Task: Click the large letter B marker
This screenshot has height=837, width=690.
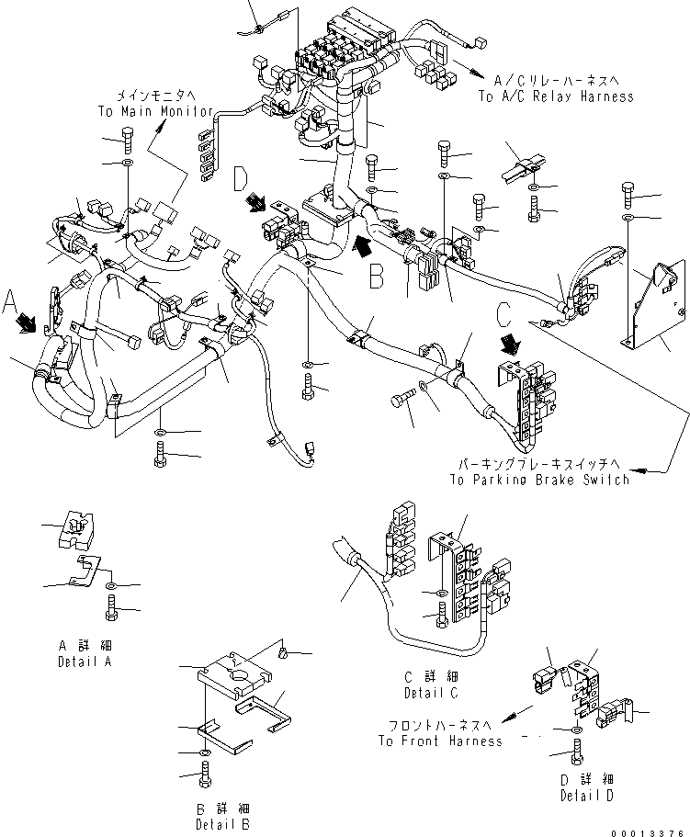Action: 377,277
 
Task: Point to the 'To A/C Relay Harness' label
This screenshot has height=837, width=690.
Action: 555,96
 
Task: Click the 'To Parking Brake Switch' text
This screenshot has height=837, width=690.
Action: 539,480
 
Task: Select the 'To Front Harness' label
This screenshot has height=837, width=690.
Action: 439,741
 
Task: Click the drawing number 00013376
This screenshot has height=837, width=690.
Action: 650,831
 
